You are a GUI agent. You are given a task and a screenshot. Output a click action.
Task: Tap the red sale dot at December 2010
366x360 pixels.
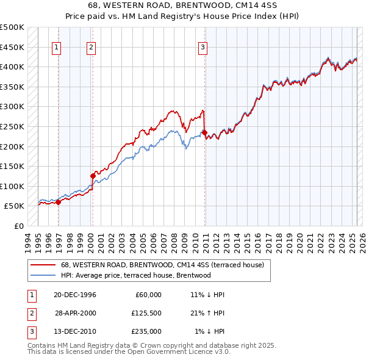[x=204, y=132]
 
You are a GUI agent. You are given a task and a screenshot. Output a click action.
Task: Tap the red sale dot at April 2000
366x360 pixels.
[x=93, y=176]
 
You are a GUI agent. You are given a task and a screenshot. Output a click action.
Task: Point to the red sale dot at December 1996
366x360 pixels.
[x=59, y=202]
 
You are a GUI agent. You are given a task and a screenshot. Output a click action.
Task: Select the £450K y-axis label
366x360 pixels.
[x=12, y=47]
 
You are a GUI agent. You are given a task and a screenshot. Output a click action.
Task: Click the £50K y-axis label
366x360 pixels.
[x=15, y=206]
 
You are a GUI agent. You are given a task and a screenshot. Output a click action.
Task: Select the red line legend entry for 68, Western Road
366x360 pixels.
[x=162, y=265]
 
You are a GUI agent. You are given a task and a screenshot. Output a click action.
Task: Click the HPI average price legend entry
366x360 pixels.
[x=135, y=275]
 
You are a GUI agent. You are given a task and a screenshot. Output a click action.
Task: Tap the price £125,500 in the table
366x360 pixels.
[x=146, y=313]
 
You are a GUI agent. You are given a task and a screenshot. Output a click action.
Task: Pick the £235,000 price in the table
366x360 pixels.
[x=146, y=331]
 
